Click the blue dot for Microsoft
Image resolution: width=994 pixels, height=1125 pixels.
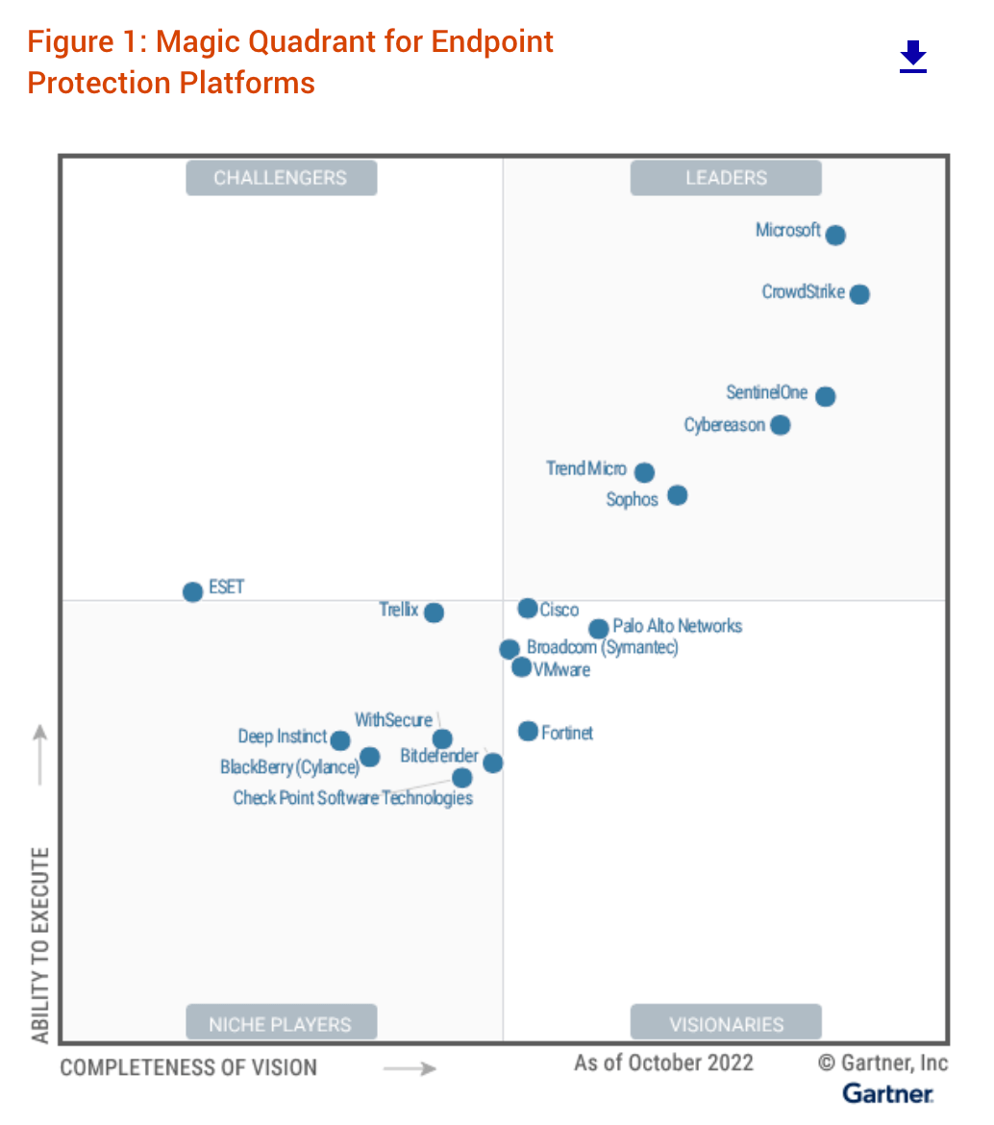(x=835, y=235)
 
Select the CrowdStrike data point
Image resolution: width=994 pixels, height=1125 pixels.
(x=859, y=294)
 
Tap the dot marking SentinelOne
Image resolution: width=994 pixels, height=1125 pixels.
(x=825, y=396)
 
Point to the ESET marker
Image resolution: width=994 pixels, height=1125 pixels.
(x=193, y=591)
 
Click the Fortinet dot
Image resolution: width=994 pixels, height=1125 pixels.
(x=528, y=732)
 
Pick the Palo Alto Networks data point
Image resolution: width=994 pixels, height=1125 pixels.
(x=598, y=629)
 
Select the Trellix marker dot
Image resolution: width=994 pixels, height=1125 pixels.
(x=434, y=612)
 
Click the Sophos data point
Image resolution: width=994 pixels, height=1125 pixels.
(x=678, y=495)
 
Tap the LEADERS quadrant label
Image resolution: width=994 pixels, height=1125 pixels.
(x=726, y=178)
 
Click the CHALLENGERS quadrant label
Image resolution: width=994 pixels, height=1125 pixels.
(x=281, y=178)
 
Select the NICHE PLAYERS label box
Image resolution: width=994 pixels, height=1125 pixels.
(x=281, y=1024)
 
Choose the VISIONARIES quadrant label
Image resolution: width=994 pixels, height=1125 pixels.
(x=726, y=1024)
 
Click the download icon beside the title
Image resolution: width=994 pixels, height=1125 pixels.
(x=912, y=58)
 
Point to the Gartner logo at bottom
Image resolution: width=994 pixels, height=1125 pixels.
(x=887, y=1093)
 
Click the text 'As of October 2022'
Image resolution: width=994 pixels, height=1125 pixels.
(x=663, y=1062)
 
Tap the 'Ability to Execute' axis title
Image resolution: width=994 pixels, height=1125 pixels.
(x=40, y=945)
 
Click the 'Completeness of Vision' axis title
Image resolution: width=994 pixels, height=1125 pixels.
(x=188, y=1067)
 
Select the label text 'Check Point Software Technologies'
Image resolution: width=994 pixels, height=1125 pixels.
(x=353, y=798)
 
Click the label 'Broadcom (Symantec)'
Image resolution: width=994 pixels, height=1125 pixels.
(x=603, y=648)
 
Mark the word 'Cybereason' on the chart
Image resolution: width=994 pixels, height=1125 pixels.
(x=725, y=425)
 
